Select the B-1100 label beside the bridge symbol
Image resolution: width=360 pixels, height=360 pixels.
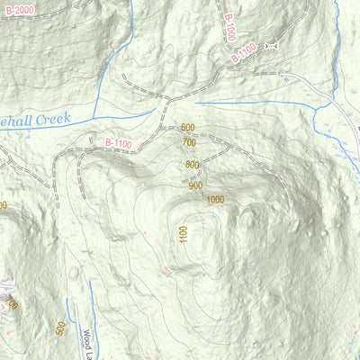pyautogui.click(x=244, y=54)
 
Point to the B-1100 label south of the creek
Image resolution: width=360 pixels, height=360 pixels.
pyautogui.click(x=118, y=141)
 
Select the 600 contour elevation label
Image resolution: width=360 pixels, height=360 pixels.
pyautogui.click(x=187, y=129)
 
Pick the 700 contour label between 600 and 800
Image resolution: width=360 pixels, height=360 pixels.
pyautogui.click(x=189, y=142)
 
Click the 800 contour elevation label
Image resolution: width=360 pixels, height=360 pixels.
pyautogui.click(x=193, y=165)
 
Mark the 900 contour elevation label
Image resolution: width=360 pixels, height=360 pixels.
pyautogui.click(x=196, y=185)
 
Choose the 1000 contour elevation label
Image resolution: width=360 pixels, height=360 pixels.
pyautogui.click(x=214, y=200)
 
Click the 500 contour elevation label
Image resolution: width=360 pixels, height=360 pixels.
pyautogui.click(x=59, y=328)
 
